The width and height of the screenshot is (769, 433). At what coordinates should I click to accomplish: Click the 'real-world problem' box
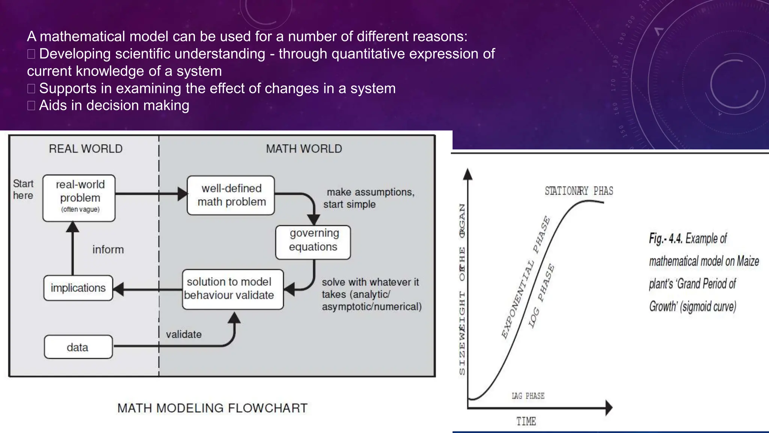[79, 198]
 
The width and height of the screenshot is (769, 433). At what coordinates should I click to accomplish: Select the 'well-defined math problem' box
[231, 195]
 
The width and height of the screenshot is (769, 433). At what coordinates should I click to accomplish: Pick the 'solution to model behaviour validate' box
[232, 289]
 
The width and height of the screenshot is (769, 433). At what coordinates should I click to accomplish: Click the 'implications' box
[78, 288]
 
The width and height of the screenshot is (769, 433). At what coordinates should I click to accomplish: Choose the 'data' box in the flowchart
[78, 347]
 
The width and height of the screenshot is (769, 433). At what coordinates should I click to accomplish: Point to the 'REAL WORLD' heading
[86, 149]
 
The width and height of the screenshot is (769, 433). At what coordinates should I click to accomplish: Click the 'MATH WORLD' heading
[304, 149]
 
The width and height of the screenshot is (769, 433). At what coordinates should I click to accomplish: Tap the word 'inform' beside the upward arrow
[108, 250]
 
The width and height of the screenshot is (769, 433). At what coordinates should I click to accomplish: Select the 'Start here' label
[23, 189]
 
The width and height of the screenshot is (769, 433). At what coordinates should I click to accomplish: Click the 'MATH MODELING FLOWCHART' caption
[212, 408]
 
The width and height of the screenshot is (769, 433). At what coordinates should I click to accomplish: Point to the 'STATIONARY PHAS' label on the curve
[579, 191]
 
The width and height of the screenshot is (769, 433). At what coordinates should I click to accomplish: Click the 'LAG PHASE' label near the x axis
[528, 396]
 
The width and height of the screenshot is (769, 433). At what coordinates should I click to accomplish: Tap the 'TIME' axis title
[526, 421]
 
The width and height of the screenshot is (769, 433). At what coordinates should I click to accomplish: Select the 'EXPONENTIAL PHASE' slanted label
[526, 277]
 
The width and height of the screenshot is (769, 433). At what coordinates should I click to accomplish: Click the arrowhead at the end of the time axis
[609, 408]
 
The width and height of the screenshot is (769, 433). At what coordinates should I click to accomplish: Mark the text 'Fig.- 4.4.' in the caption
[665, 239]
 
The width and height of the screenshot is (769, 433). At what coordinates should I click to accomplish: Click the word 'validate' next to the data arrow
[184, 334]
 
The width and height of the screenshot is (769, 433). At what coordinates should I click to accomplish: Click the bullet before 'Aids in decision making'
[31, 106]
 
